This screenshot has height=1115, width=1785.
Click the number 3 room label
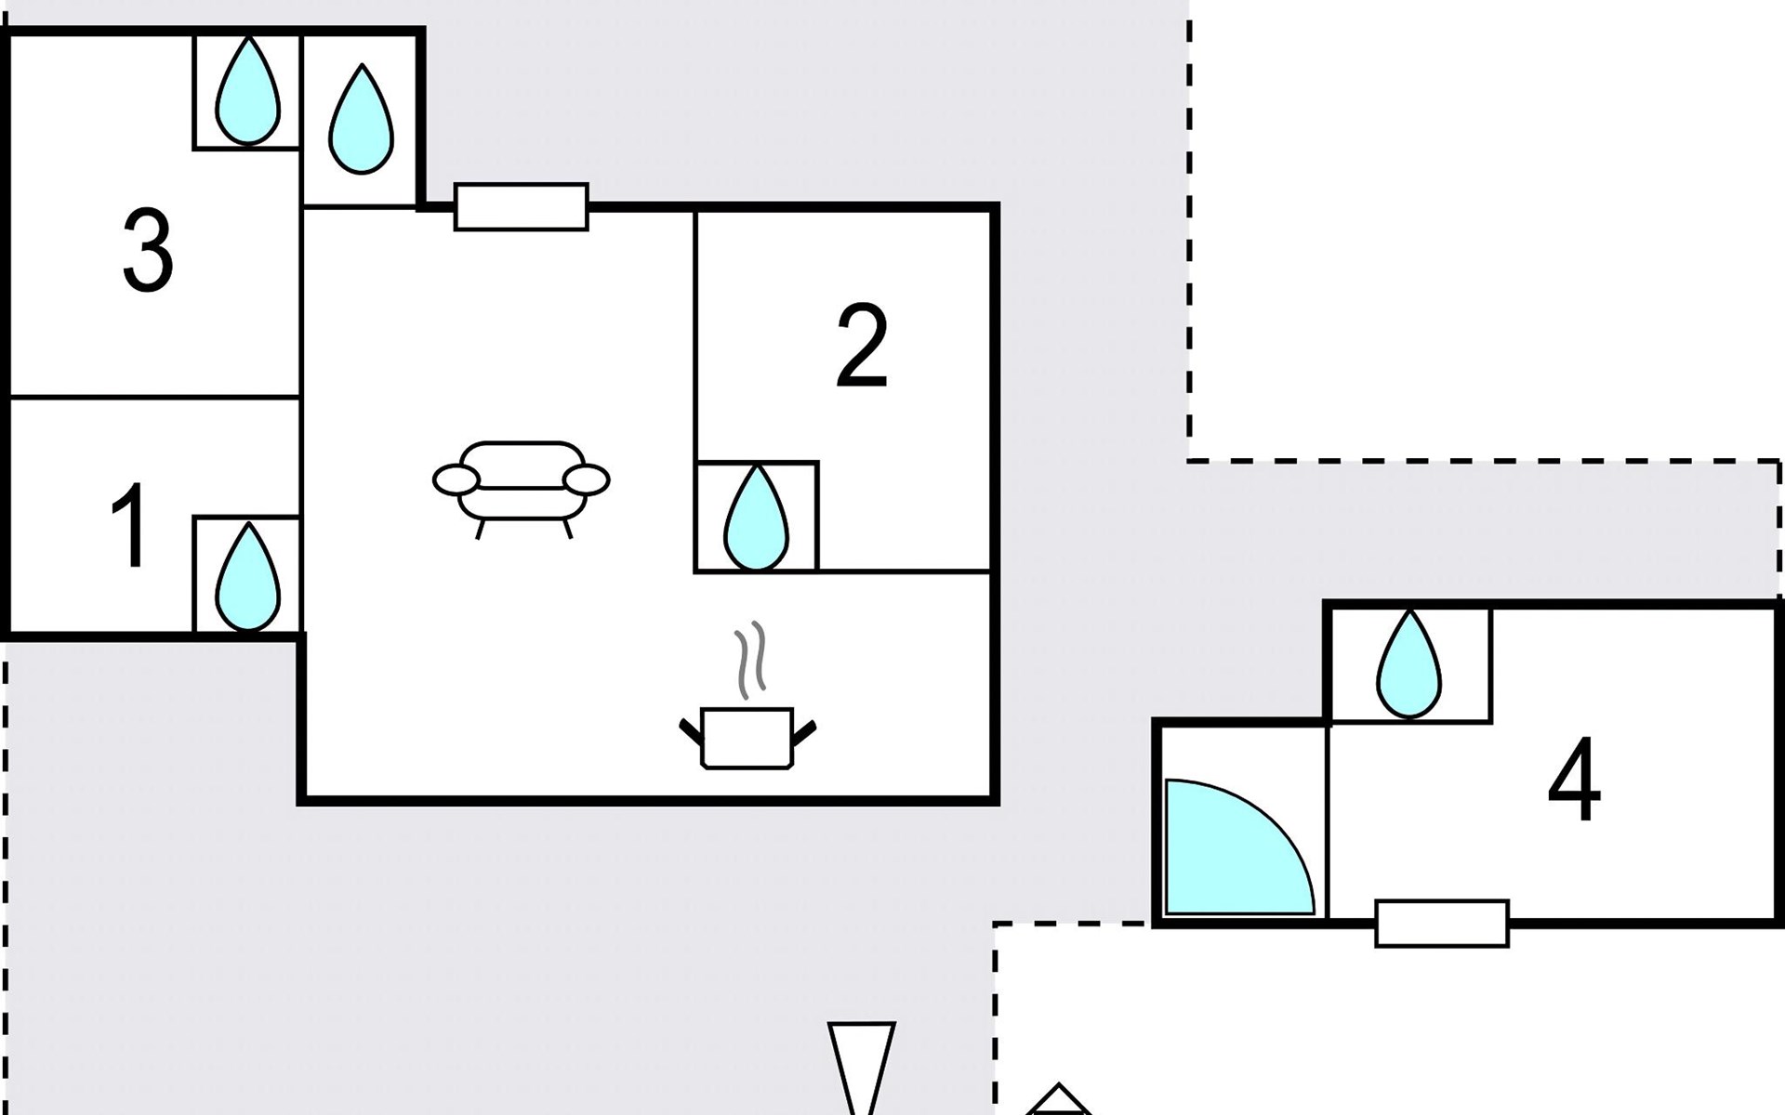tap(148, 251)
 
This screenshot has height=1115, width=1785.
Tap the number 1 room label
tap(130, 525)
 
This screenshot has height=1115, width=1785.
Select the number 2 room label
tap(862, 346)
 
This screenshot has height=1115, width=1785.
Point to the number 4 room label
tap(1574, 780)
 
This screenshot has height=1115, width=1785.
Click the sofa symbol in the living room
tap(521, 488)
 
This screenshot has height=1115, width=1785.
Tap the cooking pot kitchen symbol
tap(747, 739)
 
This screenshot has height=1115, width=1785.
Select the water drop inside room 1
tap(247, 577)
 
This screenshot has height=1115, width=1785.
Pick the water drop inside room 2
tap(756, 517)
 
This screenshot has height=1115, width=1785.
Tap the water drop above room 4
tap(1409, 664)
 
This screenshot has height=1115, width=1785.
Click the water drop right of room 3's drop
tap(361, 119)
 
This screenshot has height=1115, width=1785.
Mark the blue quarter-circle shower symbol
tap(1239, 846)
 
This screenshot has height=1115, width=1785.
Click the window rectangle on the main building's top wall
tap(522, 206)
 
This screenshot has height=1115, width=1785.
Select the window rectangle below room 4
tap(1442, 923)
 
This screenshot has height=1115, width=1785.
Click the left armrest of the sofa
tap(456, 480)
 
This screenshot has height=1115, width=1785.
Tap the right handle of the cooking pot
tap(803, 732)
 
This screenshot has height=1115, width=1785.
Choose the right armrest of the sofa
tap(587, 479)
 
